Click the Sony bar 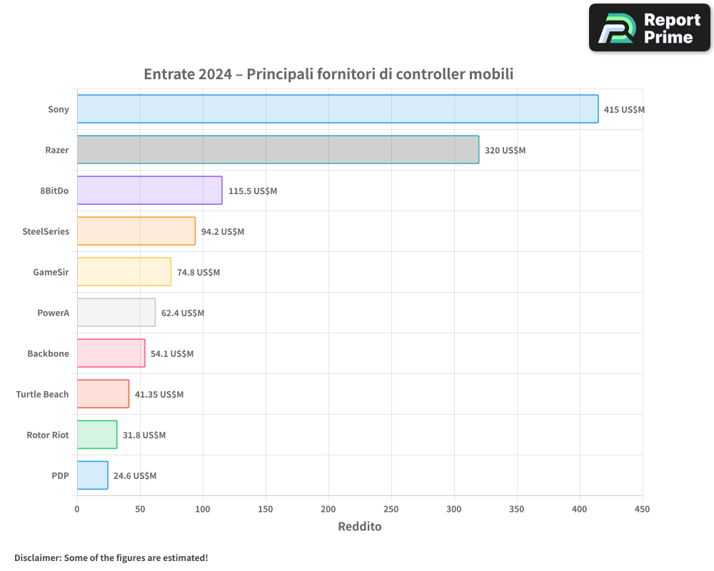[x=338, y=108]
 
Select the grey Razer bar [x=278, y=149]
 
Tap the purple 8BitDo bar [x=149, y=190]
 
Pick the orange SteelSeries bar [x=136, y=231]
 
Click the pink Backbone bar [x=111, y=353]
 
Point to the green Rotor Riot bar [x=97, y=434]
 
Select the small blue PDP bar [x=92, y=475]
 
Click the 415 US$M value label [x=624, y=110]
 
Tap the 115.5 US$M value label [x=253, y=191]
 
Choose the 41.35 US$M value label [x=159, y=395]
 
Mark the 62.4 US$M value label [x=183, y=313]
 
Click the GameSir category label [x=51, y=272]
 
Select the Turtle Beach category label [x=43, y=394]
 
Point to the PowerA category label [x=53, y=313]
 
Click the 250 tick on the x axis [x=391, y=509]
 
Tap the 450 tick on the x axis [x=643, y=509]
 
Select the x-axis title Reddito [x=360, y=527]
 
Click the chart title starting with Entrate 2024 [x=328, y=74]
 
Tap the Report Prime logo [x=649, y=28]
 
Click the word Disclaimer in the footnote [x=38, y=557]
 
